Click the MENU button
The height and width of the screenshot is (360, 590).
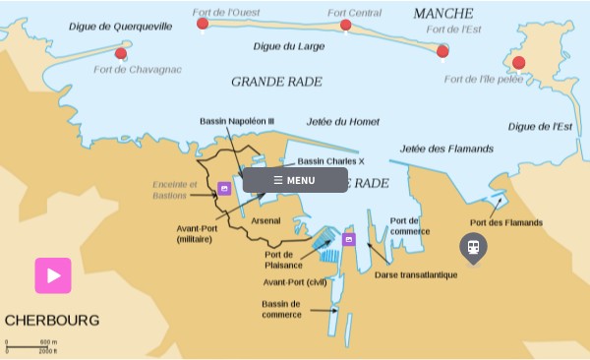(x=295, y=180)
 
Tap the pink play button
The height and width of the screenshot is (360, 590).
(x=53, y=275)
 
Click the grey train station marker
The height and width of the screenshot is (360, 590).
(x=473, y=247)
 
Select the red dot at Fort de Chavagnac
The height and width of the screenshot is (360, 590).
(x=121, y=54)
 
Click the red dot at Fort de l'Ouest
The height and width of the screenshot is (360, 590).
(x=203, y=24)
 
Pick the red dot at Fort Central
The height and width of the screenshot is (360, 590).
(x=345, y=26)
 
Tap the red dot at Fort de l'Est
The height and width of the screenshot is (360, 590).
(x=442, y=51)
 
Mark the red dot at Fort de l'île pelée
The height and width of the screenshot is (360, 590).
(x=518, y=63)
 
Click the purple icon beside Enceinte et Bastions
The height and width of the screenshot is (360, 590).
(x=224, y=188)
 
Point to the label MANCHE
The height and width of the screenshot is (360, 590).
(x=442, y=14)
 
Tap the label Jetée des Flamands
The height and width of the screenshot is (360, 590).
(x=446, y=149)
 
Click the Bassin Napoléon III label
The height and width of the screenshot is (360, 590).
(x=236, y=121)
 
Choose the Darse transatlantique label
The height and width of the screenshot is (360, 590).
(x=416, y=274)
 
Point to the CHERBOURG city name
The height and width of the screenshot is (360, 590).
(x=52, y=321)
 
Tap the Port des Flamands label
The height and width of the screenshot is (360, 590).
(x=506, y=222)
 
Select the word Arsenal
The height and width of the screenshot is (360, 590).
(x=265, y=220)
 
